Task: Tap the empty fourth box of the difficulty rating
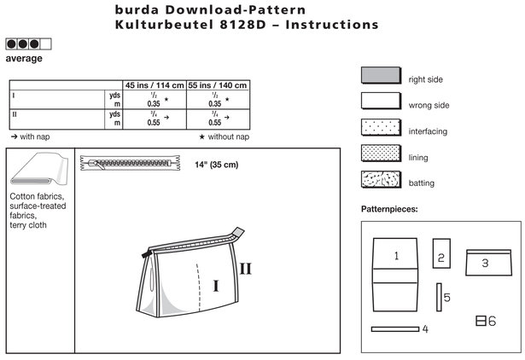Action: coord(45,44)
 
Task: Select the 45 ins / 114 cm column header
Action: coord(155,85)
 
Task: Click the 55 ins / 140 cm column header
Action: coord(218,85)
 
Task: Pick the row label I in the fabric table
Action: coord(14,96)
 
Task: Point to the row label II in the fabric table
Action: coord(15,114)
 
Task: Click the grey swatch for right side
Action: coord(381,75)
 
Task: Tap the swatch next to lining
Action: coord(381,154)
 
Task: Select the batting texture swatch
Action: coord(381,179)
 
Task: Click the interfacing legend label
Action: coord(428,131)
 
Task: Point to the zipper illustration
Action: coord(131,163)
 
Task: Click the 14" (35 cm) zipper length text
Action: coord(217,165)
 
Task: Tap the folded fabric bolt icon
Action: coord(39,169)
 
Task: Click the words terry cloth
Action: coord(28,225)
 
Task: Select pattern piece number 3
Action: coord(488,263)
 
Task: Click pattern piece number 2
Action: coord(441,253)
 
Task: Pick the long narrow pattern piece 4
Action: coord(395,329)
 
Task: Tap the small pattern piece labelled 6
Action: coord(481,321)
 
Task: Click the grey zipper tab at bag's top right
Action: coord(238,232)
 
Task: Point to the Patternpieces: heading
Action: coord(389,210)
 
